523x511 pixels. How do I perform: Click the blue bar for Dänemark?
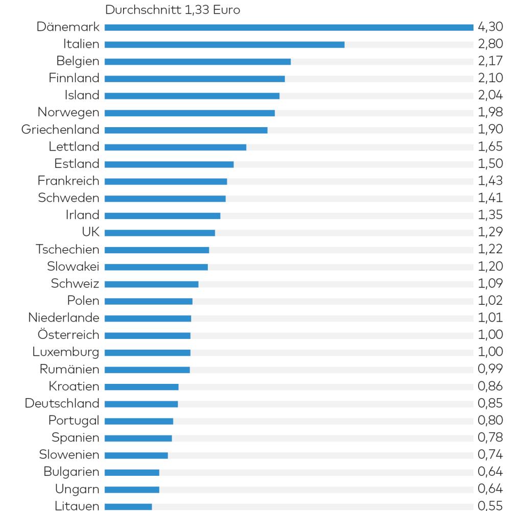tap(289, 27)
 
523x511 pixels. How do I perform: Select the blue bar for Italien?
tap(224, 44)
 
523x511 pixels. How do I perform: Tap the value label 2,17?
tap(490, 61)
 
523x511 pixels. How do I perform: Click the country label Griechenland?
tap(60, 130)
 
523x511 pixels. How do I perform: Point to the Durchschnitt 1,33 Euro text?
tap(172, 10)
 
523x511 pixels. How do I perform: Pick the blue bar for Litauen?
tap(128, 507)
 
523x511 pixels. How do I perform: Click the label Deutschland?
tap(62, 404)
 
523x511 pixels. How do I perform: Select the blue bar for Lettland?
tap(175, 147)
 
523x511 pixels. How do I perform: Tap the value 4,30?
tap(490, 27)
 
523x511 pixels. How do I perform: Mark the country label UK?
tap(90, 233)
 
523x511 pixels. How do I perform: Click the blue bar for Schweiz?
tap(151, 284)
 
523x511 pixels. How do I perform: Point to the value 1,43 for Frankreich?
tap(490, 181)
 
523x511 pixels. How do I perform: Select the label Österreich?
tap(68, 335)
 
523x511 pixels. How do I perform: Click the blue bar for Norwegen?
tap(189, 113)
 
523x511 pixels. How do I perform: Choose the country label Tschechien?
tap(67, 250)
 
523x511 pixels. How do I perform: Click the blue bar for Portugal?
tap(139, 421)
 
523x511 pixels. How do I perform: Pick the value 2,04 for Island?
tap(490, 95)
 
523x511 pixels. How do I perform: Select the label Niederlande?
tap(64, 318)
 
